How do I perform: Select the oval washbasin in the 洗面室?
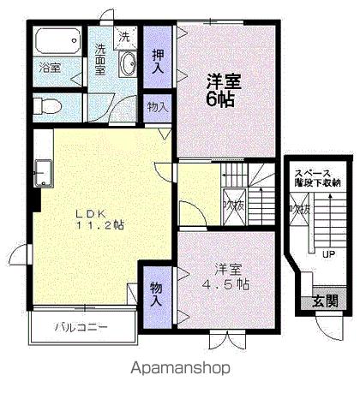click(128, 65)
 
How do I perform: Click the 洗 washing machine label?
click(125, 37)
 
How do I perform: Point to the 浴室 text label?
click(49, 68)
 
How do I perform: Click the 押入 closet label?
click(159, 61)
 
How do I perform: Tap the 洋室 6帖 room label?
click(222, 90)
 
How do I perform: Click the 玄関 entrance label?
click(324, 301)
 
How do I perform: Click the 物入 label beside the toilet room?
click(157, 108)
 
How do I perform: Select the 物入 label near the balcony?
click(156, 293)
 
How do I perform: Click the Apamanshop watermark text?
click(180, 369)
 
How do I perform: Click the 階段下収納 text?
click(315, 182)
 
